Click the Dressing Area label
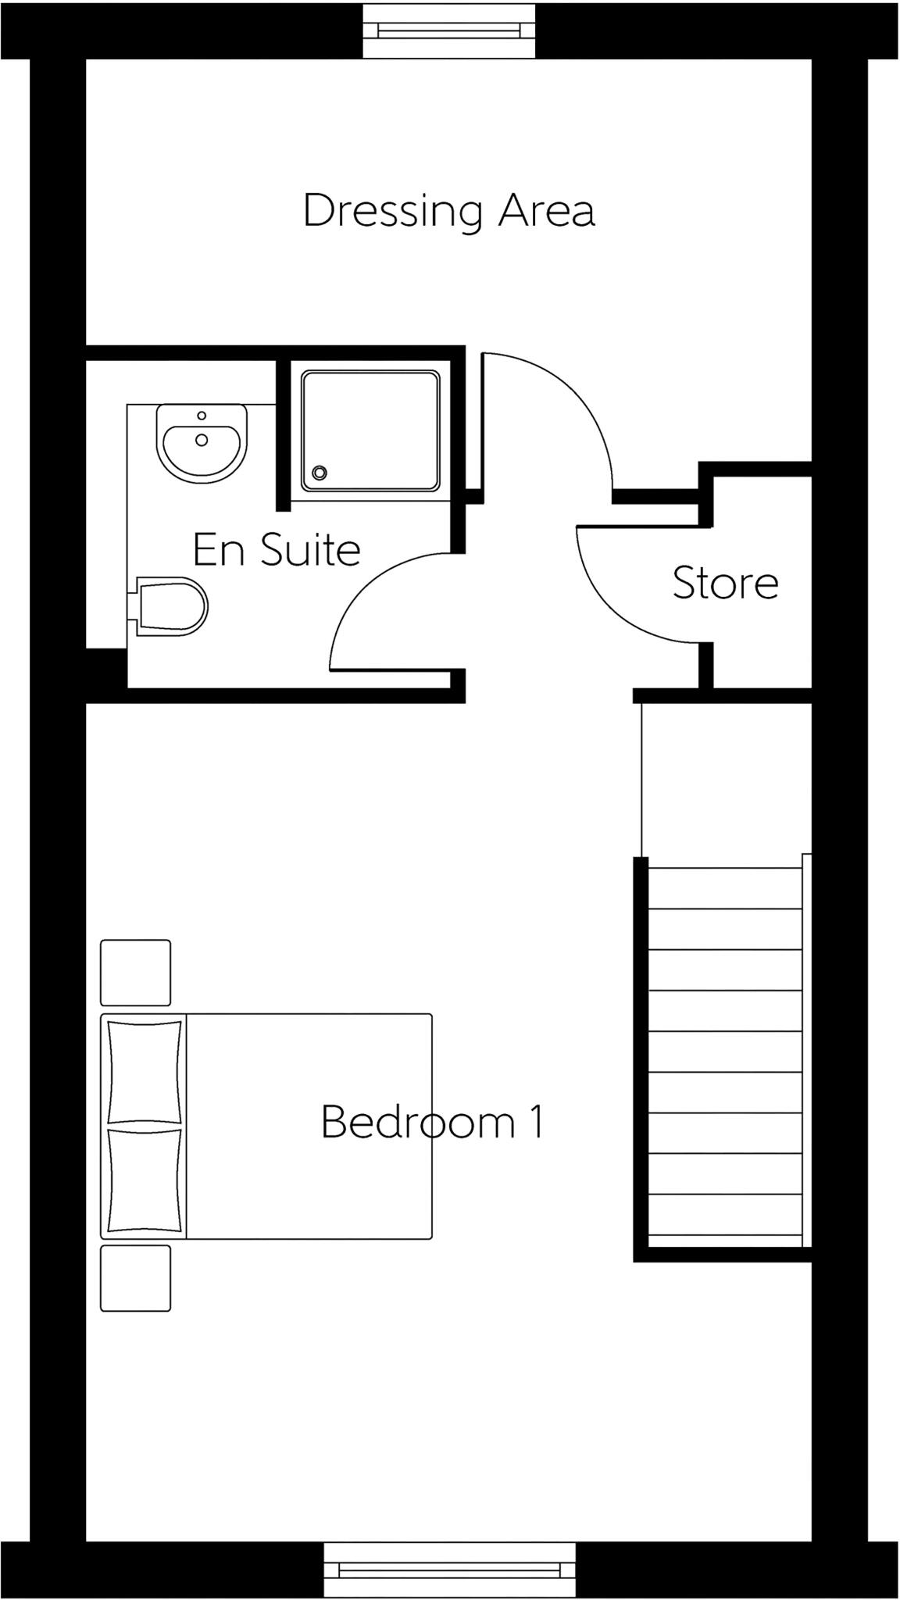tap(449, 212)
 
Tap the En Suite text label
tap(277, 550)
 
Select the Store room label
tap(725, 584)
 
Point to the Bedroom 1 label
tap(432, 1123)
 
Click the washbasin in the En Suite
tap(202, 444)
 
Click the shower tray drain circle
tap(319, 472)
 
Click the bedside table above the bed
tap(135, 973)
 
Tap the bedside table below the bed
tap(135, 1278)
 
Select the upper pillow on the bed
tap(145, 1072)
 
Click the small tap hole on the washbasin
tap(202, 416)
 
